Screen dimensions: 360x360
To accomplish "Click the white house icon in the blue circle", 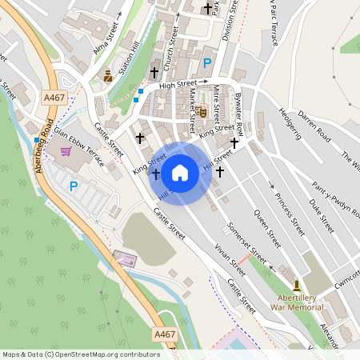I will [x=180, y=172].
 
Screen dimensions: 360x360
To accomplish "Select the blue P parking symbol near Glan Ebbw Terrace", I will [x=74, y=186].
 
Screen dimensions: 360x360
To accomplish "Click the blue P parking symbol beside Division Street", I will [x=207, y=63].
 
